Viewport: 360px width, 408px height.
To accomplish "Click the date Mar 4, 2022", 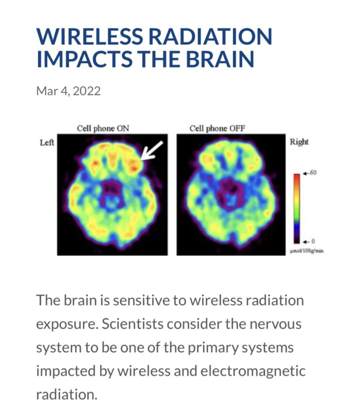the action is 68,91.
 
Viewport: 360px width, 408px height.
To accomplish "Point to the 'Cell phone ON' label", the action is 103,128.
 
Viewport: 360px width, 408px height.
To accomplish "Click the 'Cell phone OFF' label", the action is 217,128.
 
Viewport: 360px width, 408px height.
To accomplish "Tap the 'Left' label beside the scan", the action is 47,143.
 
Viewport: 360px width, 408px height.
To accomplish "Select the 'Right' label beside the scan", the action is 299,142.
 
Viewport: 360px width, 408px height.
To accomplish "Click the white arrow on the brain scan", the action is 152,151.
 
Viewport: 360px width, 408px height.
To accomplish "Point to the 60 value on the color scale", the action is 314,172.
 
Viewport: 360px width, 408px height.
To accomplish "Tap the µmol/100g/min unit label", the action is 307,251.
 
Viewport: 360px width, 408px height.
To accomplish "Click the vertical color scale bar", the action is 297,209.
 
